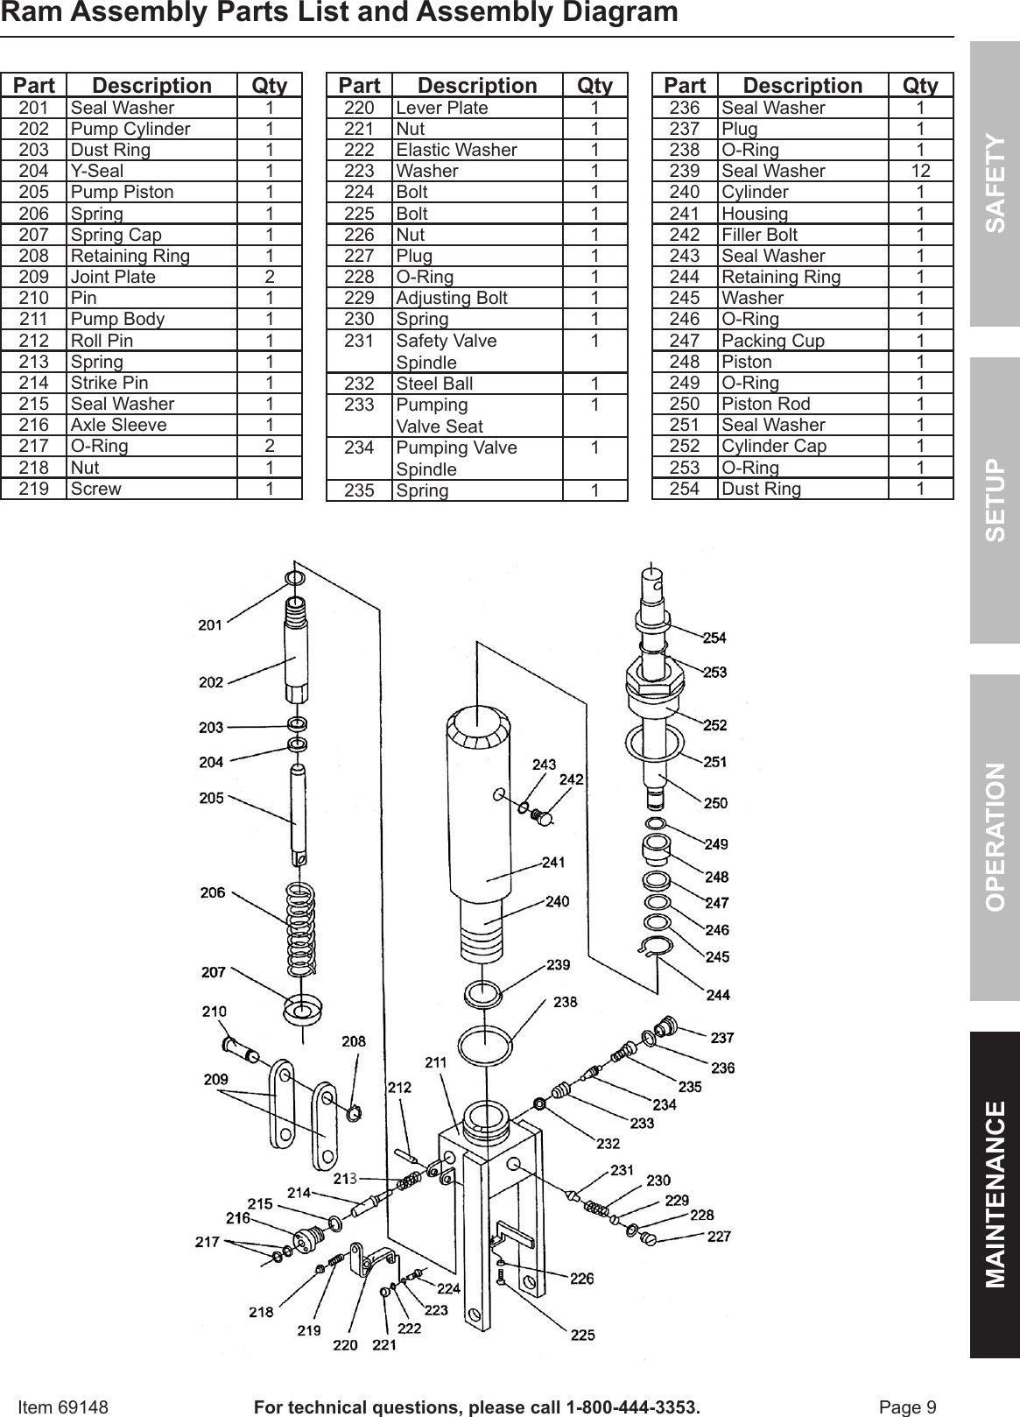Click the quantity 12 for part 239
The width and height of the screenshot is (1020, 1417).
click(x=919, y=171)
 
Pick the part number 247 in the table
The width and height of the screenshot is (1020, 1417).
click(x=684, y=341)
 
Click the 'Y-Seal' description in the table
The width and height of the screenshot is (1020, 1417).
click(x=97, y=171)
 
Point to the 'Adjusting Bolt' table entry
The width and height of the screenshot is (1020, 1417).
click(x=452, y=298)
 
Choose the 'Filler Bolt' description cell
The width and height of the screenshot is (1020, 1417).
click(x=759, y=235)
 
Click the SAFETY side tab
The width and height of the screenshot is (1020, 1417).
click(x=995, y=183)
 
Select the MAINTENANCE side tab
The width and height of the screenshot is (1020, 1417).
click(x=995, y=1195)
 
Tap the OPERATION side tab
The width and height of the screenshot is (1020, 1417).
click(x=995, y=837)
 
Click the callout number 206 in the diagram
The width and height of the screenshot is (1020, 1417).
click(x=213, y=892)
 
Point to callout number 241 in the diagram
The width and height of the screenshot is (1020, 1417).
click(x=553, y=862)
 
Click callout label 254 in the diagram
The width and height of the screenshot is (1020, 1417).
click(x=714, y=638)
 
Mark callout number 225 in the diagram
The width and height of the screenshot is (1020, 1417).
click(x=582, y=1335)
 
